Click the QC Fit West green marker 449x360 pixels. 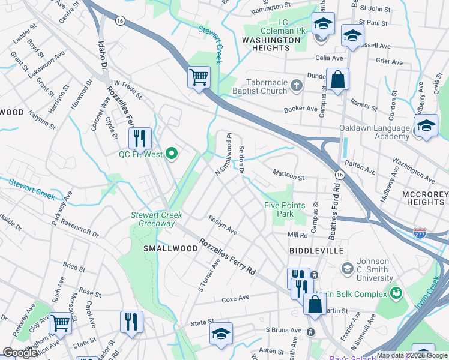(x=172, y=155)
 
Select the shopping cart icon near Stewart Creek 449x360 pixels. (x=199, y=77)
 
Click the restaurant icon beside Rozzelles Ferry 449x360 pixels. (x=140, y=138)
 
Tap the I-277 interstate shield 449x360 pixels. (x=420, y=231)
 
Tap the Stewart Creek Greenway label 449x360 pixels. (x=153, y=219)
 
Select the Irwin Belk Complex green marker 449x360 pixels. (x=396, y=293)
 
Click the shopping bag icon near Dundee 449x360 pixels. (x=337, y=79)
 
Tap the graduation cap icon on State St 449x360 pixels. (x=221, y=334)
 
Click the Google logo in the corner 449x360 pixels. (x=21, y=353)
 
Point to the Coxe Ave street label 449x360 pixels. (x=235, y=298)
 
